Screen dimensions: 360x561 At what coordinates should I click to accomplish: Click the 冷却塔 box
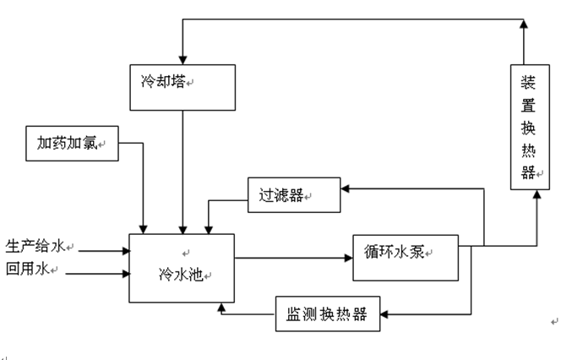(x=182, y=87)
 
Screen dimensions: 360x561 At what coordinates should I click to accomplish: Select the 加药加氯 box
(x=70, y=143)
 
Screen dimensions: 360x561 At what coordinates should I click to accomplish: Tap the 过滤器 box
(x=293, y=195)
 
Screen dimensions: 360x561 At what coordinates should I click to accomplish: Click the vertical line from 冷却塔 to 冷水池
(x=182, y=169)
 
